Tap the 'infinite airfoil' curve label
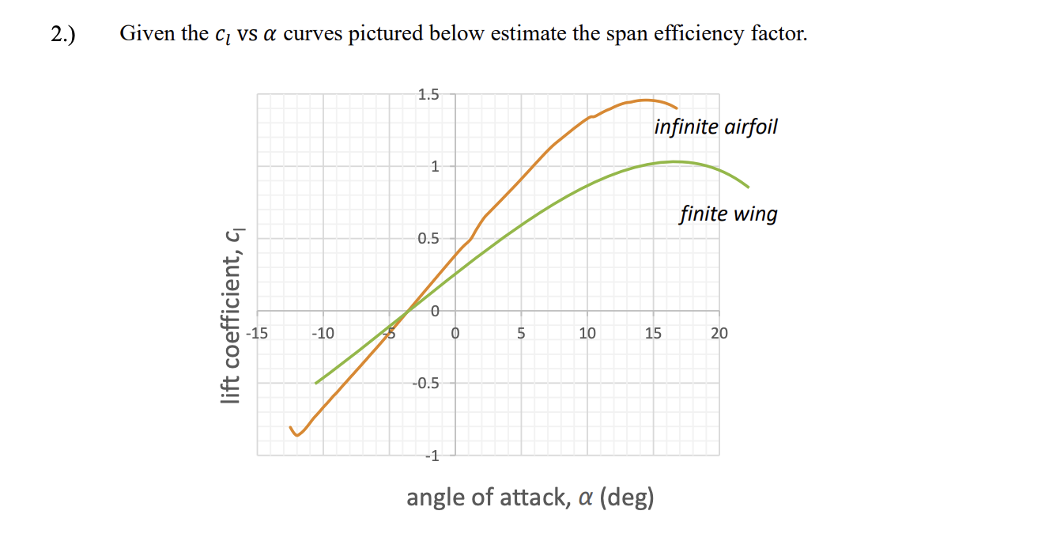point(715,127)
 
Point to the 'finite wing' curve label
point(728,214)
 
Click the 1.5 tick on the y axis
point(428,95)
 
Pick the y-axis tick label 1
point(434,167)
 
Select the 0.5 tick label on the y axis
point(428,239)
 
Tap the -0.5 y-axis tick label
point(425,384)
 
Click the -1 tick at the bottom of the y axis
point(431,456)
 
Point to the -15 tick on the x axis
point(257,333)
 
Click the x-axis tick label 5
point(521,333)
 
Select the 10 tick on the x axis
point(587,333)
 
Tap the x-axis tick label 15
point(653,333)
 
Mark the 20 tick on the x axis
point(719,333)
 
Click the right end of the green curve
point(748,187)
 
